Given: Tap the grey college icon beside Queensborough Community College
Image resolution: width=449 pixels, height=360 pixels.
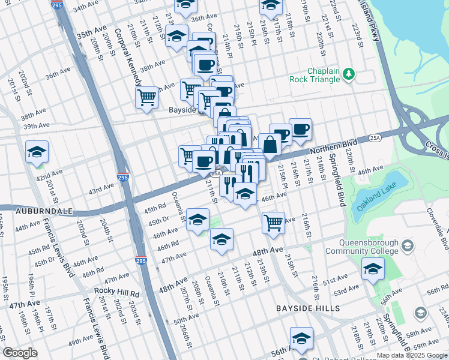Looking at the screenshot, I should (x=408, y=245).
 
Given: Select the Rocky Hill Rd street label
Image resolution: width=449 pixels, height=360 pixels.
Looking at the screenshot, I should (x=118, y=293).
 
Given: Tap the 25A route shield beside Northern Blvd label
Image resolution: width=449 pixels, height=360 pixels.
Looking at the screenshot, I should (x=374, y=137).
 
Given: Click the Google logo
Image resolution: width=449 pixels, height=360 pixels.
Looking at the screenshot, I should (x=20, y=353).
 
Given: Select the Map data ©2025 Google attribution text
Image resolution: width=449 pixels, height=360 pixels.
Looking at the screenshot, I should (x=411, y=355).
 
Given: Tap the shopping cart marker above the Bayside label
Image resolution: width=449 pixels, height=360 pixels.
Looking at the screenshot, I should (x=146, y=97).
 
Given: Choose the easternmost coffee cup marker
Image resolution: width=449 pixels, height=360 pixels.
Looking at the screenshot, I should (x=300, y=128).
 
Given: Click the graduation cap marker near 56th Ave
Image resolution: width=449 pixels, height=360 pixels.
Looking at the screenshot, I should (x=301, y=338).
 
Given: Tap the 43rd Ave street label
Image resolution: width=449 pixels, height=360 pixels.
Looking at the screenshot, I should (x=101, y=189).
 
